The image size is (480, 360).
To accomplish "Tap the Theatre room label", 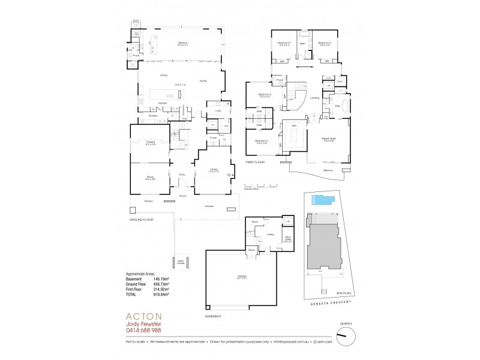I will tap(149, 143).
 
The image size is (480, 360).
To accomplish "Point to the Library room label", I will tap(214, 170).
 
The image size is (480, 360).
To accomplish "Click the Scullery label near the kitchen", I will tap(152, 116).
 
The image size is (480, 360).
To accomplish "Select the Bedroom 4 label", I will tap(284, 43).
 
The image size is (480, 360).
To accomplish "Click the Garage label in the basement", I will tap(242, 277).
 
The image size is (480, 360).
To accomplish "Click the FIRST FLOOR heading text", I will tap(256, 162).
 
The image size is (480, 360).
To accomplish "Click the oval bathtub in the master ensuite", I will tap(337, 106).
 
